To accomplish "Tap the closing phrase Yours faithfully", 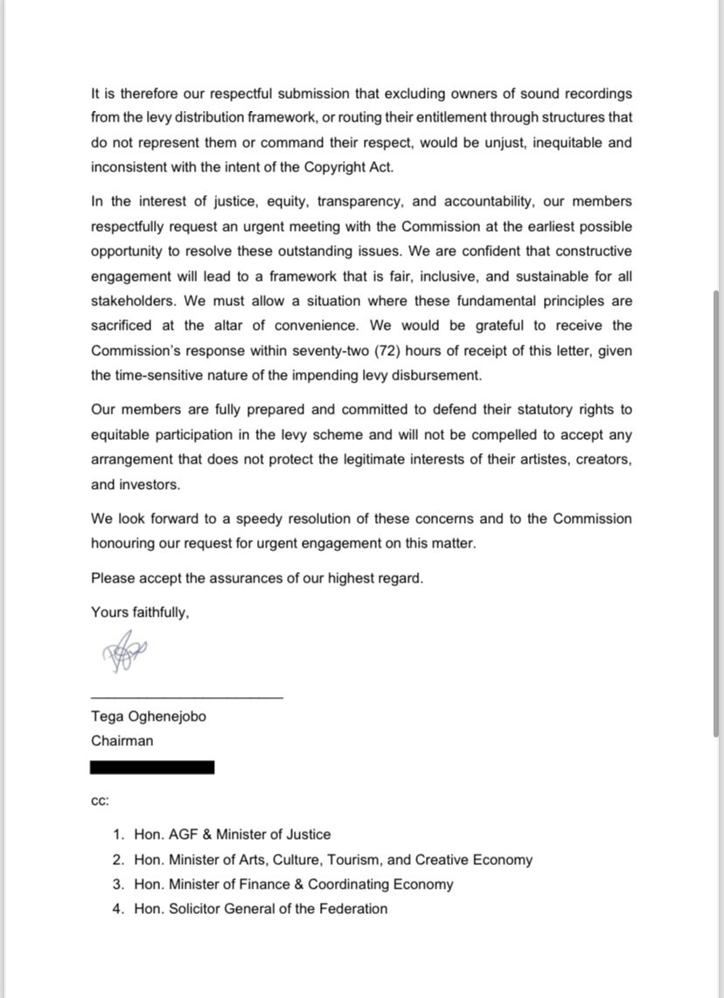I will pyautogui.click(x=140, y=612).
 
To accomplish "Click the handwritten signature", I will pyautogui.click(x=125, y=652).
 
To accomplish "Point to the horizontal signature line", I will pyautogui.click(x=187, y=697).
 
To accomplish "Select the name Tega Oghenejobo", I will pyautogui.click(x=149, y=716).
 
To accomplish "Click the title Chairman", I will pyautogui.click(x=122, y=741).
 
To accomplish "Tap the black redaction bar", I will pyautogui.click(x=152, y=767).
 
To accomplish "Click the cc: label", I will pyautogui.click(x=100, y=800).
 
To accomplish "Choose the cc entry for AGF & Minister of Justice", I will pyautogui.click(x=232, y=834).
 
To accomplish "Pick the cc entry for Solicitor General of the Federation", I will pyautogui.click(x=261, y=909).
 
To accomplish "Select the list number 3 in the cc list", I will pyautogui.click(x=117, y=884).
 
